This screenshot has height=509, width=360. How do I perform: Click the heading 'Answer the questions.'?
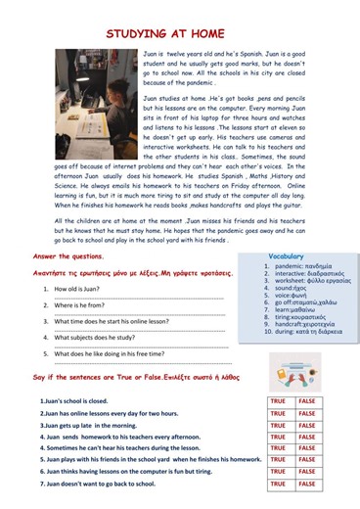(69, 256)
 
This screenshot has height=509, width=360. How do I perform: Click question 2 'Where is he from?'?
(81, 305)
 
